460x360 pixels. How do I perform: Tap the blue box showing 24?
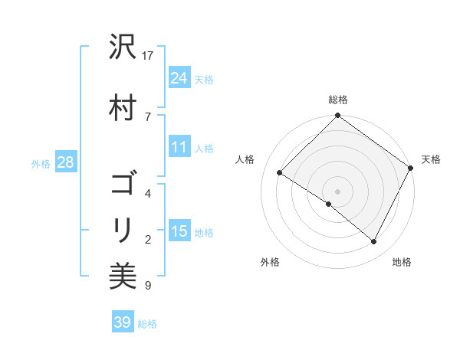[179, 77]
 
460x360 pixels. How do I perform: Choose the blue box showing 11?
[179, 147]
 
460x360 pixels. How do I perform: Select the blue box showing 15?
[179, 231]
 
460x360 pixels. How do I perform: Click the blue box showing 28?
[64, 162]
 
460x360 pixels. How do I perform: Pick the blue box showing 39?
[122, 322]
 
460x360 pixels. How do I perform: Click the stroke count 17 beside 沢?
[149, 55]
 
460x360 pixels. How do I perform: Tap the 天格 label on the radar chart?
[431, 159]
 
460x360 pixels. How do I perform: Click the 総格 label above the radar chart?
[338, 100]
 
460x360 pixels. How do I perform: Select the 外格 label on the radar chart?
[270, 262]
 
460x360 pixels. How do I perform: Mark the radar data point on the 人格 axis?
[280, 173]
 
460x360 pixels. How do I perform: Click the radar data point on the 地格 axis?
[374, 242]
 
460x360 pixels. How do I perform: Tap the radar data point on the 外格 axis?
[329, 204]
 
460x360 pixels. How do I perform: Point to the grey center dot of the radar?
[338, 191]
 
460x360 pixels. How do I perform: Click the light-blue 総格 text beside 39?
[147, 324]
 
